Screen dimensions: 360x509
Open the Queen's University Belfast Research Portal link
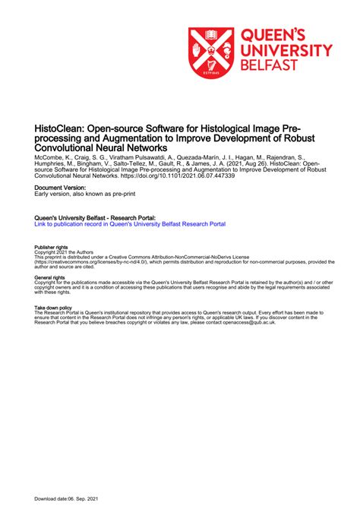pyautogui.click(x=130, y=224)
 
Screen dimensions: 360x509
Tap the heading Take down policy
pyautogui.click(x=54, y=308)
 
